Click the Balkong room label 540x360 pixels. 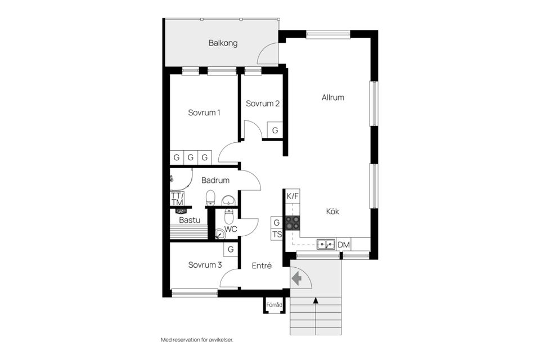(x=223, y=43)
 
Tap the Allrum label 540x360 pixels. (x=332, y=97)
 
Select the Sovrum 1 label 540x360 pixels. (x=204, y=112)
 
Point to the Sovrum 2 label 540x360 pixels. (x=263, y=103)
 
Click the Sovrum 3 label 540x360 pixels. (x=205, y=265)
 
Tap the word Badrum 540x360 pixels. (x=215, y=180)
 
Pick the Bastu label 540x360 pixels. (x=190, y=220)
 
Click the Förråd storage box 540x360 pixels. (x=274, y=305)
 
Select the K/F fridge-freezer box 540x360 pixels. (x=292, y=197)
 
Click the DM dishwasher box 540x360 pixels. (x=344, y=245)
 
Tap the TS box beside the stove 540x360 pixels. (x=277, y=235)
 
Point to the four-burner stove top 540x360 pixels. (x=292, y=223)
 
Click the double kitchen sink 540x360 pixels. (x=326, y=244)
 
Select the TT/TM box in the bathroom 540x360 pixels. (x=177, y=199)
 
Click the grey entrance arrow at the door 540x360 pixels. (x=296, y=278)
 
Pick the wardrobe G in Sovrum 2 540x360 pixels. (x=275, y=130)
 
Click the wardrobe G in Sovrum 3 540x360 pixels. (x=231, y=249)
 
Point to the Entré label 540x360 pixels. (x=262, y=265)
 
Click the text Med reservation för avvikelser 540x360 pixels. (x=197, y=340)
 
